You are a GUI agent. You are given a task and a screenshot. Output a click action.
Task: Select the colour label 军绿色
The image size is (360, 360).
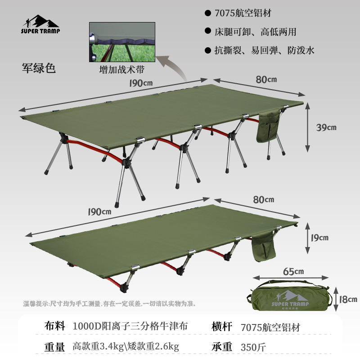click(39, 68)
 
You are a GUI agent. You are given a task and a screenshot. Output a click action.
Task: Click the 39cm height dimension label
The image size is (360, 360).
click(326, 127)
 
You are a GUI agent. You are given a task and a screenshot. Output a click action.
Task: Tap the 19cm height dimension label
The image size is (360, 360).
click(319, 237)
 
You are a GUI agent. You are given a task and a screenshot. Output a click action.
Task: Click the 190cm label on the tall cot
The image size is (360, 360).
click(139, 83)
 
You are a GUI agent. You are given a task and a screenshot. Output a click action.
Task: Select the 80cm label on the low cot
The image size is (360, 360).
click(263, 199)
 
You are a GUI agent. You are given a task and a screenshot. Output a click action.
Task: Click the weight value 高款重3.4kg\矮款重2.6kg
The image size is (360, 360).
click(126, 346)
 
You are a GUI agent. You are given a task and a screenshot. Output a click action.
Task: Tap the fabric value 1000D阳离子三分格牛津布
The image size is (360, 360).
click(130, 326)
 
